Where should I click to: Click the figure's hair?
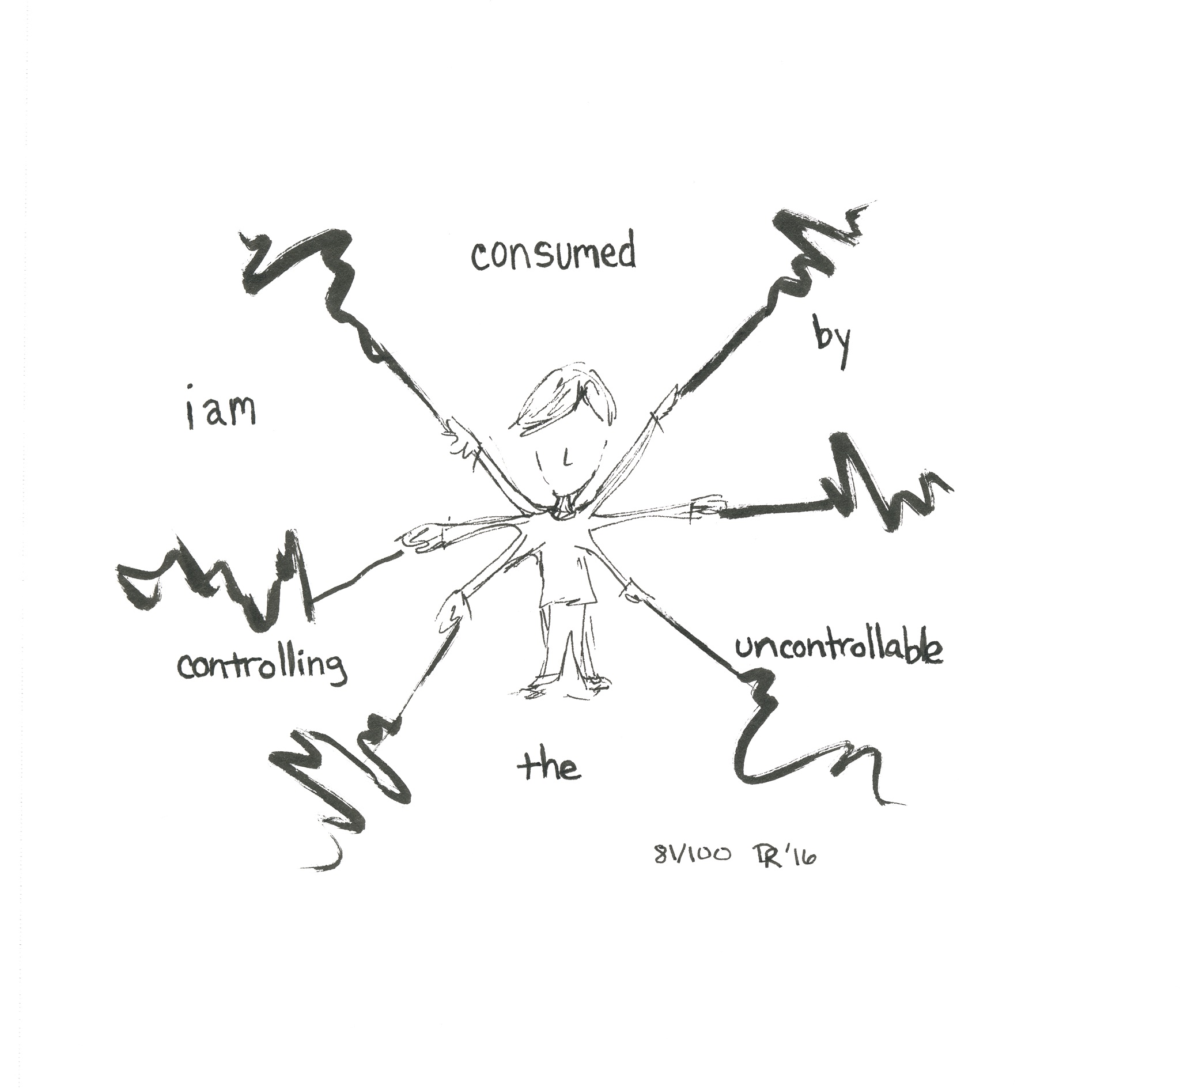tap(563, 398)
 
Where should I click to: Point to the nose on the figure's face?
tap(565, 459)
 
